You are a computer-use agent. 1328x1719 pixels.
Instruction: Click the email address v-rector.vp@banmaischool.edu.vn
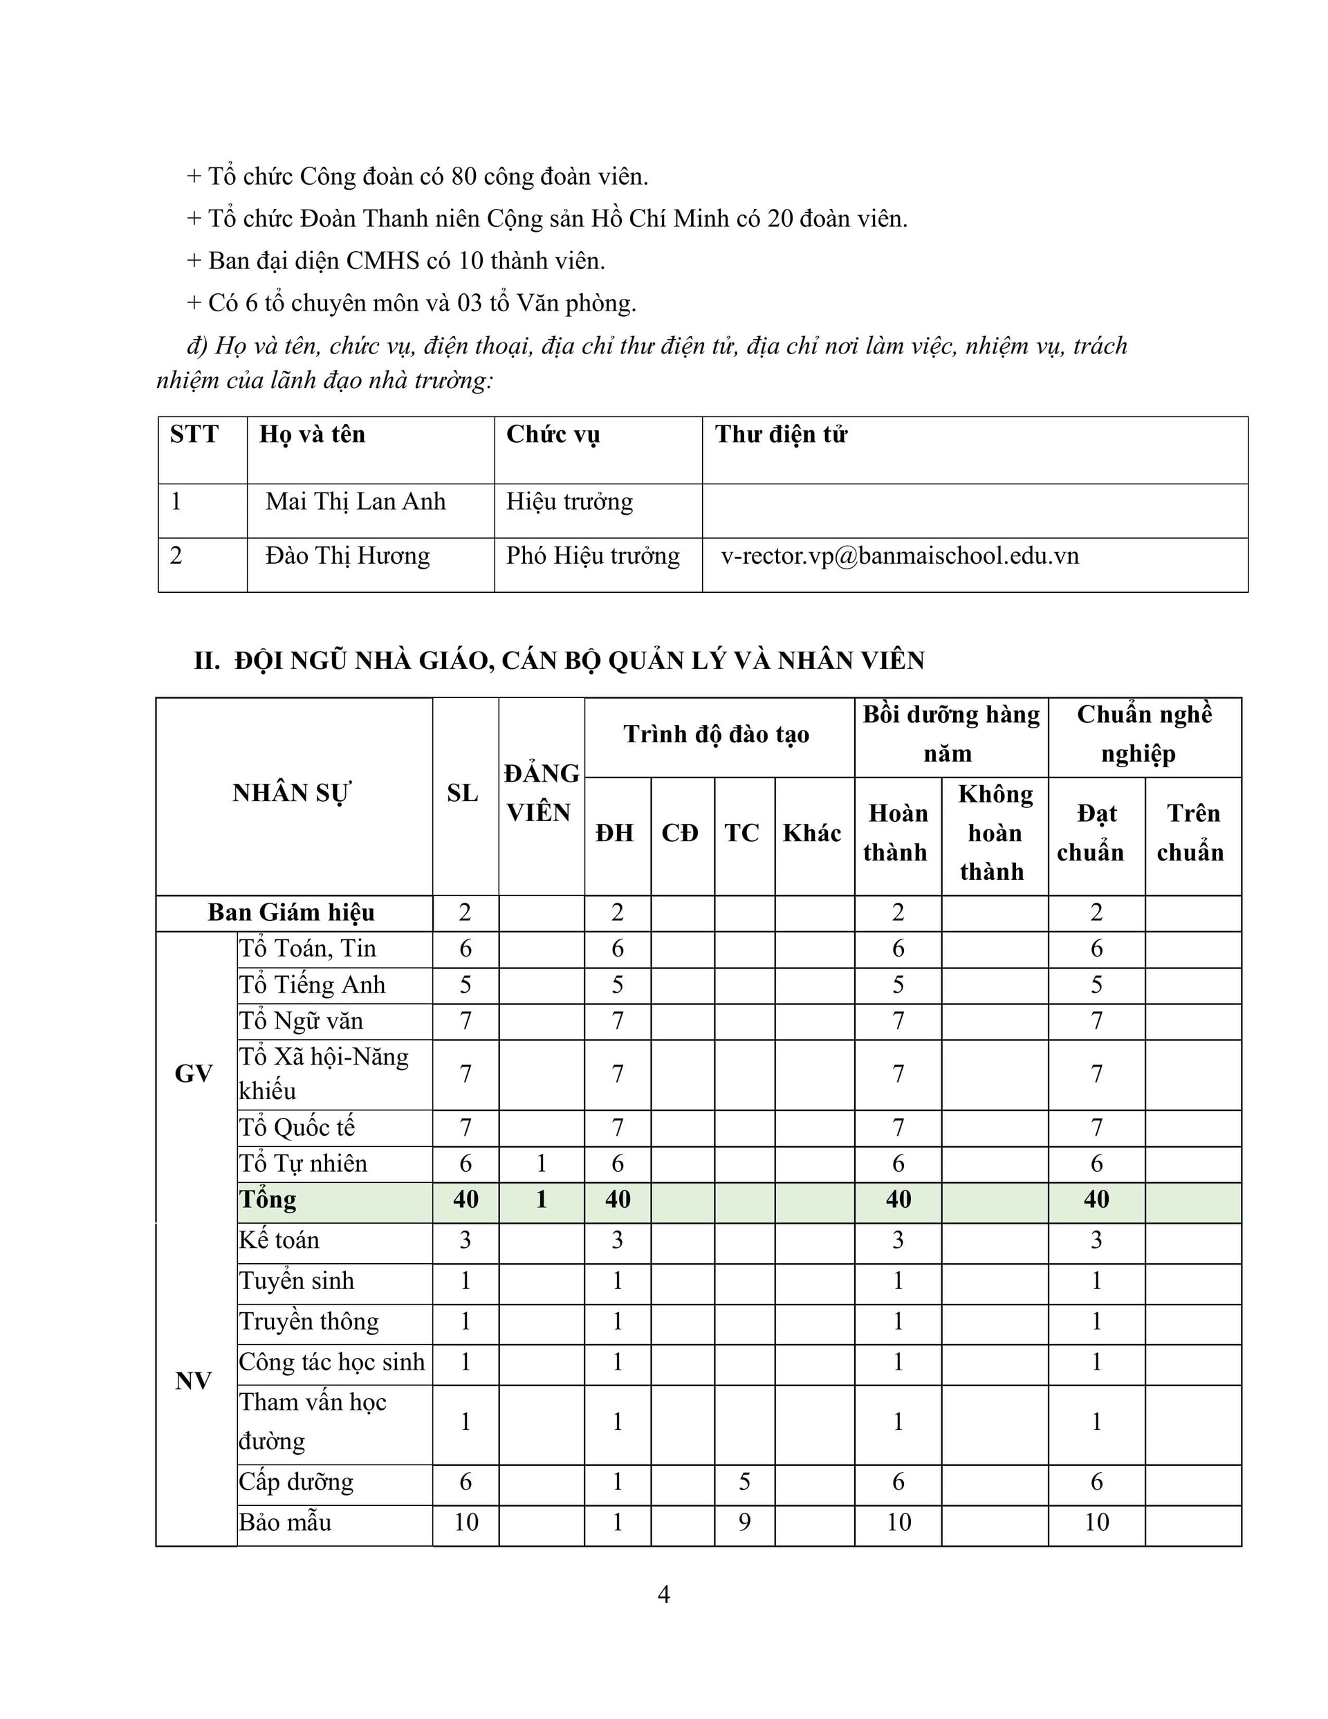(x=899, y=556)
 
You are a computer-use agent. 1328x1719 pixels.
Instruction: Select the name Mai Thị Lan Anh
(x=355, y=502)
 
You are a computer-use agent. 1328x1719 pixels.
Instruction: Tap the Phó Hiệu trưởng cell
(x=592, y=556)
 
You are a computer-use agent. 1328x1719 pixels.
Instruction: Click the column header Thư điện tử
(x=780, y=434)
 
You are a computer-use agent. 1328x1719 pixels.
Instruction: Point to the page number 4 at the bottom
(x=663, y=1594)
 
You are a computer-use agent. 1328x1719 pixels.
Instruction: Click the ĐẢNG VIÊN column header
(x=541, y=793)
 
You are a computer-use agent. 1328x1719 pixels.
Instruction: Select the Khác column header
(x=811, y=833)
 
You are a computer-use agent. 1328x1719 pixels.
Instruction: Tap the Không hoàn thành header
(x=994, y=833)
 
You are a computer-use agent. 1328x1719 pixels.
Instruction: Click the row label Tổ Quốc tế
(x=297, y=1128)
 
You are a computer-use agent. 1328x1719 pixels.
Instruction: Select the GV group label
(x=194, y=1074)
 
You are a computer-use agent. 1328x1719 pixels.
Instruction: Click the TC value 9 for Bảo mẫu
(x=744, y=1523)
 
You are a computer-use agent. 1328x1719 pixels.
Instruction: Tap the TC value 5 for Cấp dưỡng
(x=744, y=1482)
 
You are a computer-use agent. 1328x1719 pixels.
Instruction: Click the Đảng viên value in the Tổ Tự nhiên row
(x=541, y=1164)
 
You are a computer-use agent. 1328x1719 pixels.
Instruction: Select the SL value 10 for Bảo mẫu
(x=465, y=1523)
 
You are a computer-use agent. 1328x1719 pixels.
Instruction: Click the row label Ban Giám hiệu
(x=291, y=913)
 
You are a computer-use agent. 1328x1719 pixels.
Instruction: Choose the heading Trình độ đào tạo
(x=717, y=735)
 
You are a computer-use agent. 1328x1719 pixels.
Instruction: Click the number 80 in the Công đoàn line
(x=463, y=176)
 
